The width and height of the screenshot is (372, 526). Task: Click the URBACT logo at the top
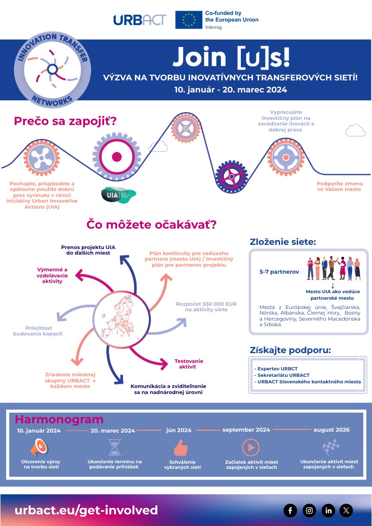(x=139, y=20)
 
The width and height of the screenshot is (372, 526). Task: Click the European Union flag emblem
(x=188, y=20)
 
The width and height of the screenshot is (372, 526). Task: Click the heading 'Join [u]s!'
(x=231, y=57)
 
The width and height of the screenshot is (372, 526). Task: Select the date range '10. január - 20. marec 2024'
(x=231, y=89)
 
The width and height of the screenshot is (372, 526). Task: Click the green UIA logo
(x=119, y=195)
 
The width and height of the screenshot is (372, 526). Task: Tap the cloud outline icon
(x=355, y=130)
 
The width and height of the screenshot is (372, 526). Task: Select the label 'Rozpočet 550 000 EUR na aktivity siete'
(x=206, y=307)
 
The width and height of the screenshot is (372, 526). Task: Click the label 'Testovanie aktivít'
(x=189, y=364)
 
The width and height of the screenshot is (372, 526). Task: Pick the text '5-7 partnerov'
(x=279, y=271)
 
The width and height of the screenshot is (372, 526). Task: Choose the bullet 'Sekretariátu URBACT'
(x=282, y=375)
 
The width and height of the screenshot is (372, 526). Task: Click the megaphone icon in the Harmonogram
(x=39, y=447)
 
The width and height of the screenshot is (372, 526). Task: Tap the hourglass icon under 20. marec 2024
(x=114, y=447)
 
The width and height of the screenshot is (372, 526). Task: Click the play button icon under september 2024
(x=250, y=447)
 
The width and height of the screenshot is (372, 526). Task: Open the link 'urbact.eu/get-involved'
(x=86, y=510)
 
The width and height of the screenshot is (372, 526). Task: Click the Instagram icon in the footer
(x=309, y=511)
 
